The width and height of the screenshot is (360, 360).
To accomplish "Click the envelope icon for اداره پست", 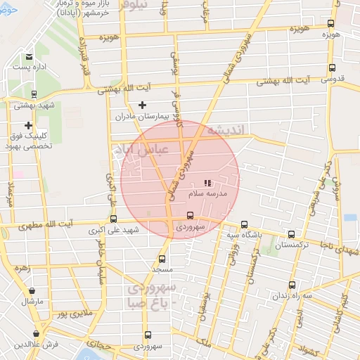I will click(x=29, y=57).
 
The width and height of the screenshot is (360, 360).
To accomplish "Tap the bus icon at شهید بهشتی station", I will click(x=34, y=94).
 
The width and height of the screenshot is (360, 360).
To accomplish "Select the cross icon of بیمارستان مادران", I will click(x=143, y=105).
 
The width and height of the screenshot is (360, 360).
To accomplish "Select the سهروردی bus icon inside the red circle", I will click(x=190, y=216).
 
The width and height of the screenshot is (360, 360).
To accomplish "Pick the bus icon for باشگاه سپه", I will click(x=244, y=225).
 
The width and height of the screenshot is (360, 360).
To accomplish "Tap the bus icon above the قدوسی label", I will click(x=332, y=69).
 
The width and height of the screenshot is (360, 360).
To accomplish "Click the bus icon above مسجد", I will click(x=162, y=258).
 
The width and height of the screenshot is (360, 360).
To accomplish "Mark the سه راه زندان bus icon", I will click(x=292, y=285).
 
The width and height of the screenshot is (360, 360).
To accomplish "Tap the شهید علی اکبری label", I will click(x=121, y=230).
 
